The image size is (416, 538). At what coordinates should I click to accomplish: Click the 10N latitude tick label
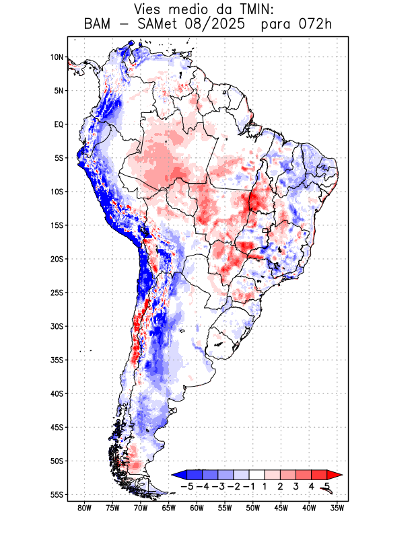coord(57,57)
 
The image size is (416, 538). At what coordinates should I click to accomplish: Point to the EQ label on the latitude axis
coord(59,124)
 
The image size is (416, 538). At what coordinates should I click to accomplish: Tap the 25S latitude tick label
coord(57,293)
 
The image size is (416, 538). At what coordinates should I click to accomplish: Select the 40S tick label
coord(57,393)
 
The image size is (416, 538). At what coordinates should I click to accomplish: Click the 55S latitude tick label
coord(57,495)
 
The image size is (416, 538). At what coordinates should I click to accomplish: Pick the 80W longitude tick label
coord(85,508)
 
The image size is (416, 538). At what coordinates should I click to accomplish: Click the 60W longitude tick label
coord(197,508)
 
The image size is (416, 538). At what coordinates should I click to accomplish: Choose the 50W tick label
coord(253,508)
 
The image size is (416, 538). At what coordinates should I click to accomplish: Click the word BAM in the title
coord(100,26)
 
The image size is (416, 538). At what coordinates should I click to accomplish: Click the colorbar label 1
coord(265,486)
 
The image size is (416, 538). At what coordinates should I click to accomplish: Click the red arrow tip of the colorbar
coord(337,475)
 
